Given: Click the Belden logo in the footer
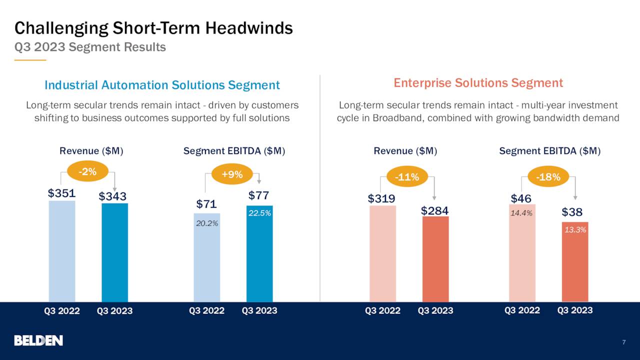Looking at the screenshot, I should pos(38,340).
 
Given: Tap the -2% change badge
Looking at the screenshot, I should pos(88,171).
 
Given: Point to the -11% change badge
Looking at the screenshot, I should pos(406,176).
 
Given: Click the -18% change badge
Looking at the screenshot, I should pos(548,176).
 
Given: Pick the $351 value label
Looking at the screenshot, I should pos(61,193).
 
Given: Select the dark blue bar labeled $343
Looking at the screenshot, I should pos(114,252).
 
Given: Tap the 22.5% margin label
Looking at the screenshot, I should pos(259,213).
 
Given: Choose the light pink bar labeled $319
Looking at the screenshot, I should pos(382,253).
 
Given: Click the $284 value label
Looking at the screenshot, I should pos(434,210).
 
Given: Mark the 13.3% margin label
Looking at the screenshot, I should pos(575,229).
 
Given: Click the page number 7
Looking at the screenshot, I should pos(624,342).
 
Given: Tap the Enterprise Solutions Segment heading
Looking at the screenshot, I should pos(478,83).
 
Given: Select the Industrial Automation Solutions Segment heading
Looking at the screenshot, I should pos(162,85).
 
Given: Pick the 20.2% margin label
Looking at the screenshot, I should pos(206,223).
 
